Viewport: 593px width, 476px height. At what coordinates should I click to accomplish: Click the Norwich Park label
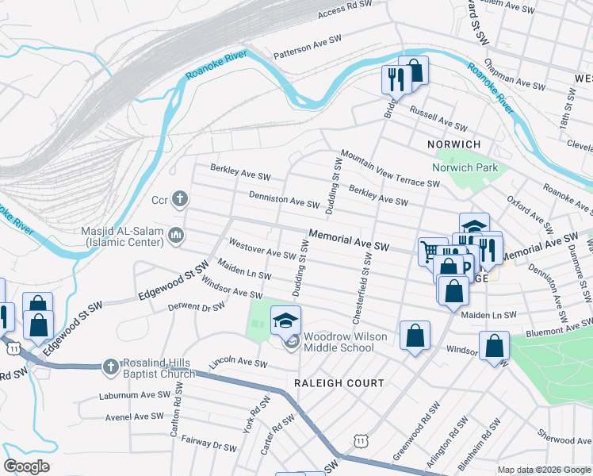465,167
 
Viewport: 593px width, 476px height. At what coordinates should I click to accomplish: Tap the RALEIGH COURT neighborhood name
339,382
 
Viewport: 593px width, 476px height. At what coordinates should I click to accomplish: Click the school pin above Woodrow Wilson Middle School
286,321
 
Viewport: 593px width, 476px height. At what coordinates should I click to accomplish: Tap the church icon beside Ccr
180,198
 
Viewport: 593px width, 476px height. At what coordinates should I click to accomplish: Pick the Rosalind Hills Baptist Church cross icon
110,366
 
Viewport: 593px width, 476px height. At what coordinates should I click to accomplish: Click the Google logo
26,466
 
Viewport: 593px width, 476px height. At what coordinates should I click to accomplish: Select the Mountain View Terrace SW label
390,169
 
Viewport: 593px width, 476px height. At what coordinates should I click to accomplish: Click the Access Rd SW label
344,10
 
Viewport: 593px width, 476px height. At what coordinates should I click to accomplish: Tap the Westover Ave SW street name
262,248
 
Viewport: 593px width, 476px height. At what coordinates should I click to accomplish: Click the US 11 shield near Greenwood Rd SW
362,439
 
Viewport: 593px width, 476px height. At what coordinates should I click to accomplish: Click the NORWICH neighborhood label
453,144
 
